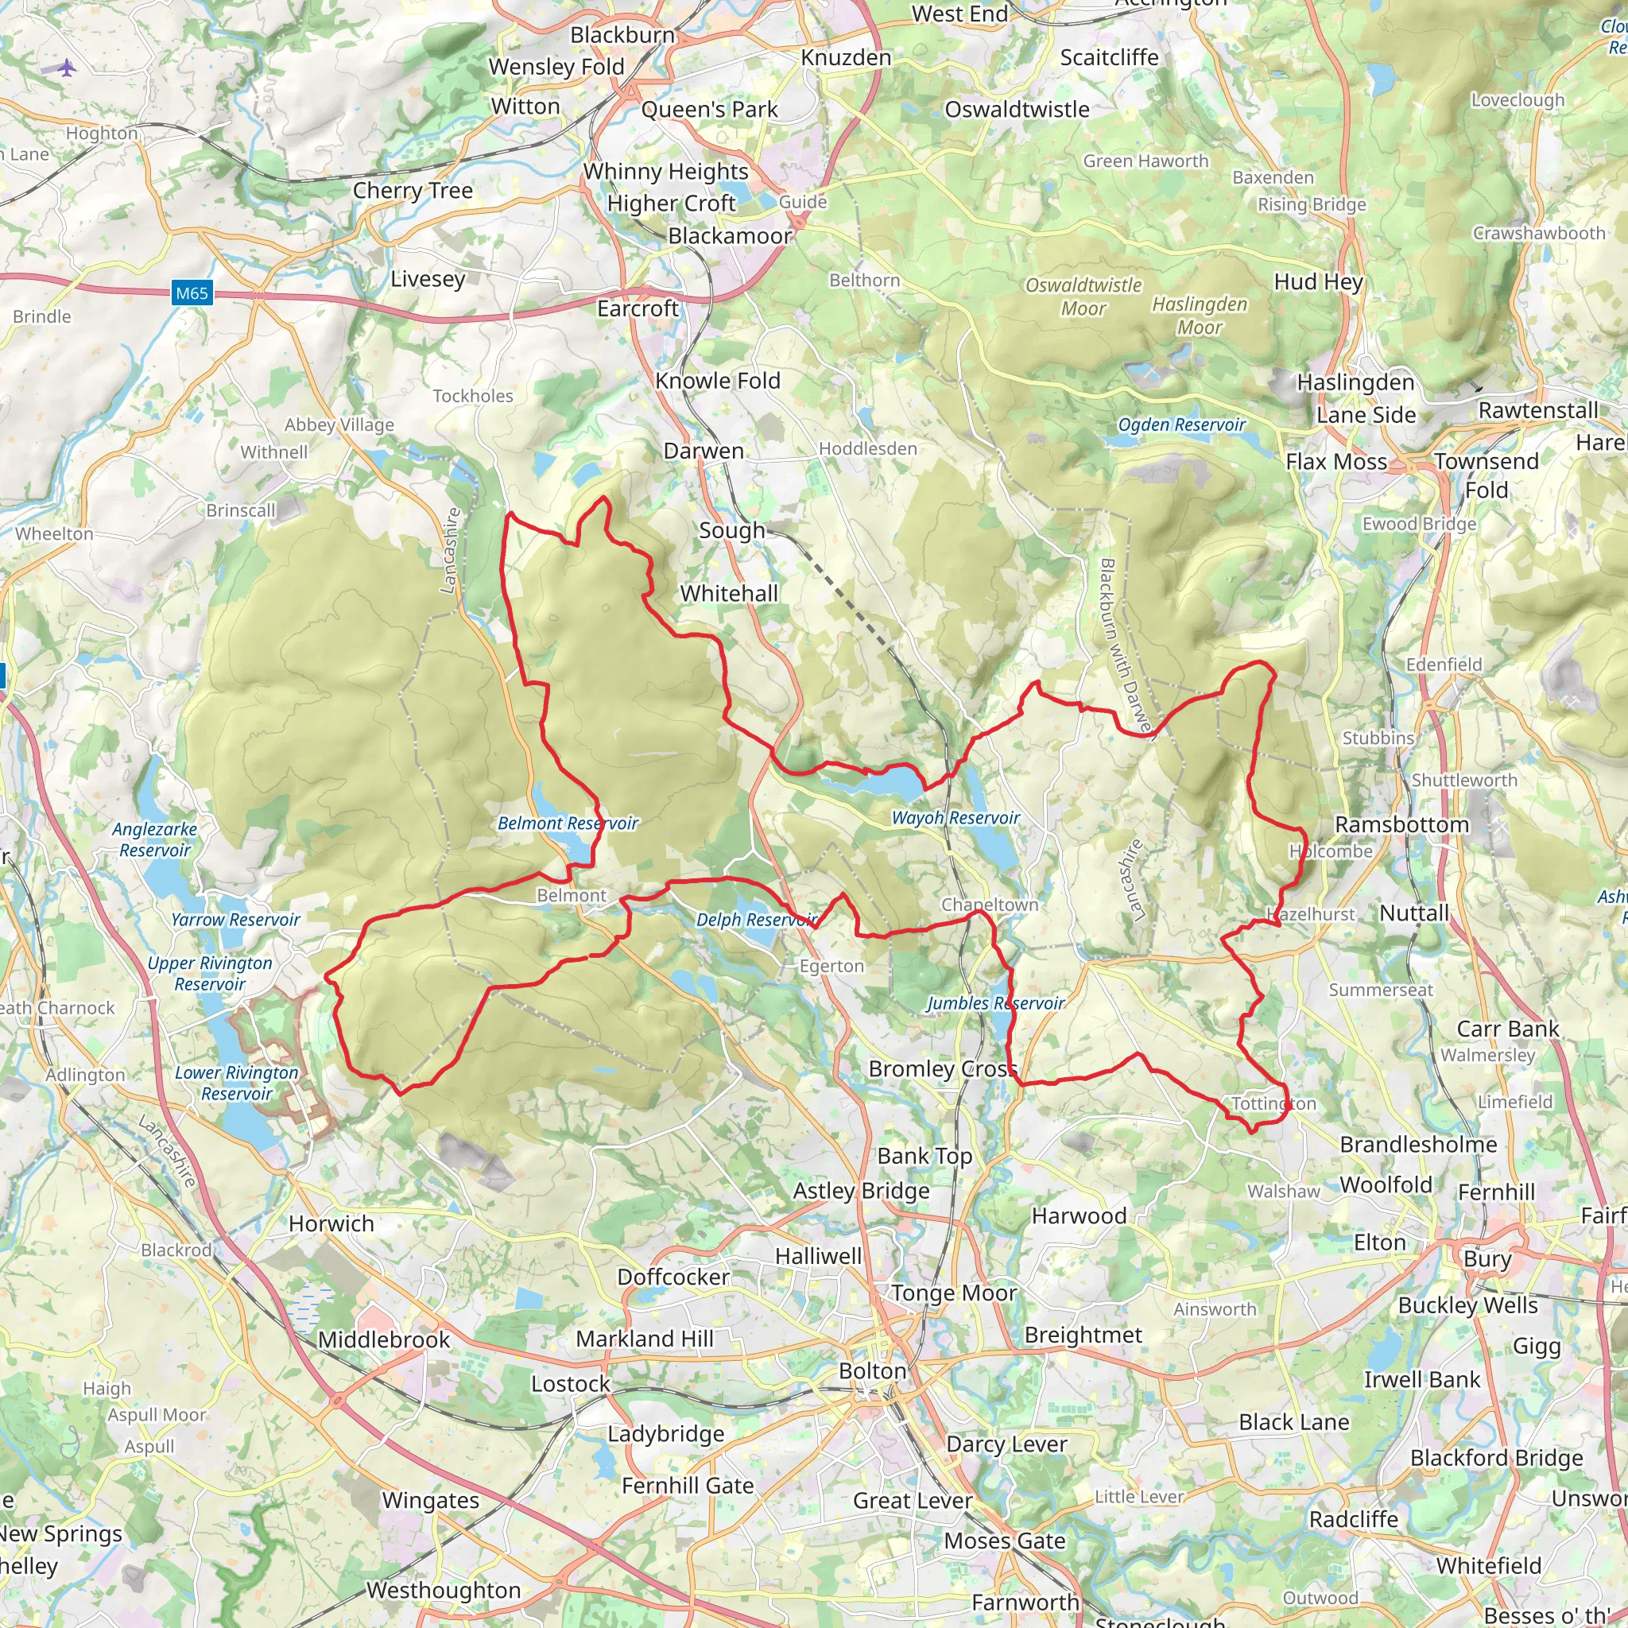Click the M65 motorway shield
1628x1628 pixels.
coord(192,293)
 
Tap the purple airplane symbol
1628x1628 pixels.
coord(68,68)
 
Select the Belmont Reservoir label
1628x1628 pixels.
coord(567,824)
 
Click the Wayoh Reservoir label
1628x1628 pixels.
coord(955,817)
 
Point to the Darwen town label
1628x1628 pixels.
coord(704,451)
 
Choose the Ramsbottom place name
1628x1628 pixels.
coord(1401,824)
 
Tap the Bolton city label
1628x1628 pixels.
coord(872,1371)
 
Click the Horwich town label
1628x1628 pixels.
coord(331,1223)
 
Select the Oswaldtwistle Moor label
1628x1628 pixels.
coord(1083,297)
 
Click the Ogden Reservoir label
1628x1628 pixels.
coord(1181,424)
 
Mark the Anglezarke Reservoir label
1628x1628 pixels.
coord(154,839)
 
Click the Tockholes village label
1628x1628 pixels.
coord(473,396)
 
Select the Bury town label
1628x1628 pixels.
coord(1487,1259)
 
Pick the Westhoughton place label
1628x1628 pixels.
coord(444,1590)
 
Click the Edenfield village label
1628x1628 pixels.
coord(1444,665)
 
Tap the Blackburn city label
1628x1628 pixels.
coord(622,36)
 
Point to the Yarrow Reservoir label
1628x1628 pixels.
coord(235,920)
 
